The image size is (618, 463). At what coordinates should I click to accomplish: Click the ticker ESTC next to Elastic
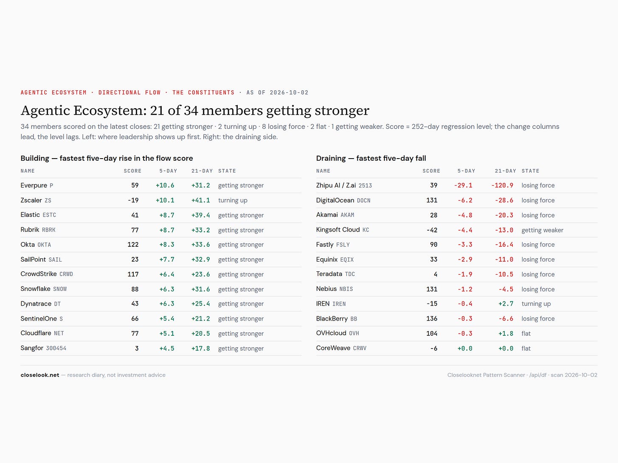click(x=49, y=215)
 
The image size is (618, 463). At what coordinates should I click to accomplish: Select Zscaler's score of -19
click(x=133, y=201)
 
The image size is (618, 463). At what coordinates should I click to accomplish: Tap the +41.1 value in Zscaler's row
click(x=200, y=201)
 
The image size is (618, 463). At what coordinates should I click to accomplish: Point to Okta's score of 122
click(x=133, y=245)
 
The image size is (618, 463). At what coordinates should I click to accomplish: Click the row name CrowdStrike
click(x=39, y=274)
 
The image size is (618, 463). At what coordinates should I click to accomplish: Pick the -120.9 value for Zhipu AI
click(x=502, y=186)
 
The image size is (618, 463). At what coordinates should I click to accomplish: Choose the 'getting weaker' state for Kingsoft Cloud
click(x=542, y=230)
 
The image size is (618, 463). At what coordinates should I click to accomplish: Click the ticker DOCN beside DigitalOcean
click(x=363, y=201)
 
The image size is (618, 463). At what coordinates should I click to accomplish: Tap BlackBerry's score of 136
click(x=432, y=318)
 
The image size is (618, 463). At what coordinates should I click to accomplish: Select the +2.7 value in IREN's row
click(x=506, y=304)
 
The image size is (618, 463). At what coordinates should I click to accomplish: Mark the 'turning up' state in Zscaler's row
click(x=233, y=201)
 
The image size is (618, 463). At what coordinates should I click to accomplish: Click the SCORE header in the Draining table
click(x=431, y=171)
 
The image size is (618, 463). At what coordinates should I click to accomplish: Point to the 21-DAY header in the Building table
click(x=202, y=171)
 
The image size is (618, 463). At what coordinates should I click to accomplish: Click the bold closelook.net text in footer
click(x=40, y=375)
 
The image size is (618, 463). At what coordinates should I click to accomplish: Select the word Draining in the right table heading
click(x=331, y=158)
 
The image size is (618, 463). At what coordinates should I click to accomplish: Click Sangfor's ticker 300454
click(x=56, y=348)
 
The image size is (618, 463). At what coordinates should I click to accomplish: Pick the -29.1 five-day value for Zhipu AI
click(x=463, y=186)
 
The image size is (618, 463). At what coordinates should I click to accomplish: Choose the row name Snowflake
click(x=36, y=289)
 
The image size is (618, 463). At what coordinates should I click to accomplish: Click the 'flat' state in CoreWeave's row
click(x=526, y=348)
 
